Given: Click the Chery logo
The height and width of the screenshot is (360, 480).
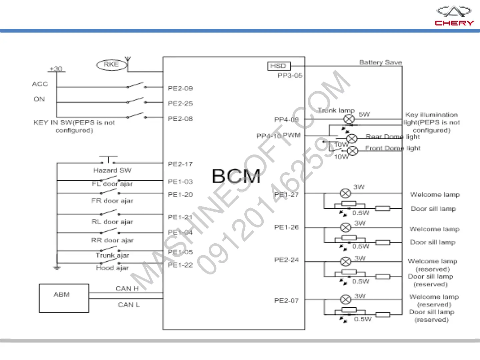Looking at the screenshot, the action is (x=454, y=16).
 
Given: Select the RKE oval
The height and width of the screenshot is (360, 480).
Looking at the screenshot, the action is (x=111, y=65).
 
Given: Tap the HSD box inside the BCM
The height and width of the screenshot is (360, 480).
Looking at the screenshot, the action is (x=279, y=66).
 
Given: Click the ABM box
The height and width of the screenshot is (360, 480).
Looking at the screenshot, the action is (x=64, y=298).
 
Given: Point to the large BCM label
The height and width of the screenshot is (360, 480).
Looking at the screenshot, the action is (x=236, y=176).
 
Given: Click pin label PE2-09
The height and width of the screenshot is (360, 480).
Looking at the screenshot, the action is (x=180, y=88).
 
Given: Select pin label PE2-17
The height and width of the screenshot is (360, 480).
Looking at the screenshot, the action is (x=180, y=164).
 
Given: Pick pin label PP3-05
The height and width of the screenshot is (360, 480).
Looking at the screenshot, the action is (x=290, y=75).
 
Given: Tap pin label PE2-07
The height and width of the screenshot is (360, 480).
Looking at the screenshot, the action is (x=286, y=301).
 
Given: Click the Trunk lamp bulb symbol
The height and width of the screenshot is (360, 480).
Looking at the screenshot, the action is (x=349, y=119).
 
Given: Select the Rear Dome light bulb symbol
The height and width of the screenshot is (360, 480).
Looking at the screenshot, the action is (x=352, y=138).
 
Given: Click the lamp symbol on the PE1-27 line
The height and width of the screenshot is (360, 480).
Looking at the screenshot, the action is (x=345, y=193).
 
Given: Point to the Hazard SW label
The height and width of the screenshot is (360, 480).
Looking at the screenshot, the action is (x=112, y=170).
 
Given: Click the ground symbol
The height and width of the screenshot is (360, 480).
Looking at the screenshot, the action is (x=57, y=267).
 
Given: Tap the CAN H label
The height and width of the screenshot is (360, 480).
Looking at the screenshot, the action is (x=127, y=289).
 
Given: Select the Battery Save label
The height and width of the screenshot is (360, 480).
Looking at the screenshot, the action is (x=380, y=62).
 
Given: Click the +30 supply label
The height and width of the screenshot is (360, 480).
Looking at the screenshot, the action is (x=56, y=69).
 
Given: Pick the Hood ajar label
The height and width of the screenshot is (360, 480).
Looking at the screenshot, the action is (x=112, y=268).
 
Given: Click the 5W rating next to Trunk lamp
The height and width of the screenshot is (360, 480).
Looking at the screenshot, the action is (x=364, y=114).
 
